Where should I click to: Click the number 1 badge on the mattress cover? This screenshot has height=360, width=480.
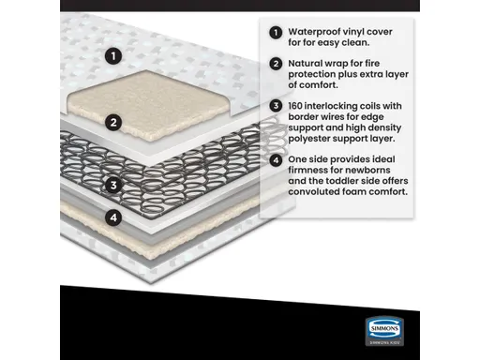tap(113, 55)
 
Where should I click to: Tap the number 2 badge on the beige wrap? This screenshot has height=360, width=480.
tap(113, 122)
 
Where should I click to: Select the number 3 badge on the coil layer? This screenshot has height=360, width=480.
tap(113, 185)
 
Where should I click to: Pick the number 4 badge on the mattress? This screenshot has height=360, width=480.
tap(113, 217)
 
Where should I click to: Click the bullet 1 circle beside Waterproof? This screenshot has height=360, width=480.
tap(276, 32)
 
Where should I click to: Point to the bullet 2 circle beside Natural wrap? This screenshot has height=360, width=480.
tap(276, 65)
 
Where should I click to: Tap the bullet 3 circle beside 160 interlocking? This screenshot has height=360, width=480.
tap(276, 105)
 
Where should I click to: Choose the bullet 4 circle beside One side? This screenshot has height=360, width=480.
tap(276, 158)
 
